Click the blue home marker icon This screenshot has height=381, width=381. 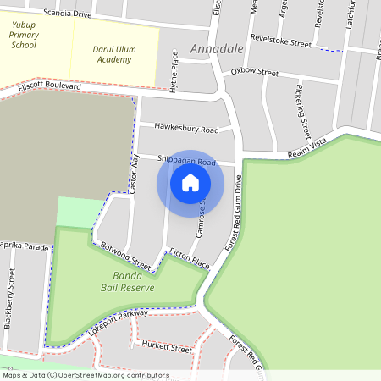[x=190, y=183]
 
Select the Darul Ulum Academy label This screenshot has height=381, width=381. [x=115, y=55]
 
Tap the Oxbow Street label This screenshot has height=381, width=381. [x=254, y=73]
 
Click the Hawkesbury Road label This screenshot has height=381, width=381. [x=186, y=129]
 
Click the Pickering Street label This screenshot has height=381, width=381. [x=304, y=109]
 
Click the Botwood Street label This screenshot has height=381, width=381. [x=124, y=256]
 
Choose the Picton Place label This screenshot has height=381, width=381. [x=189, y=257]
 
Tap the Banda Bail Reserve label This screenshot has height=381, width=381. [x=133, y=283]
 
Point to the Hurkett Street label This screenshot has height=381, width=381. [x=167, y=347]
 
